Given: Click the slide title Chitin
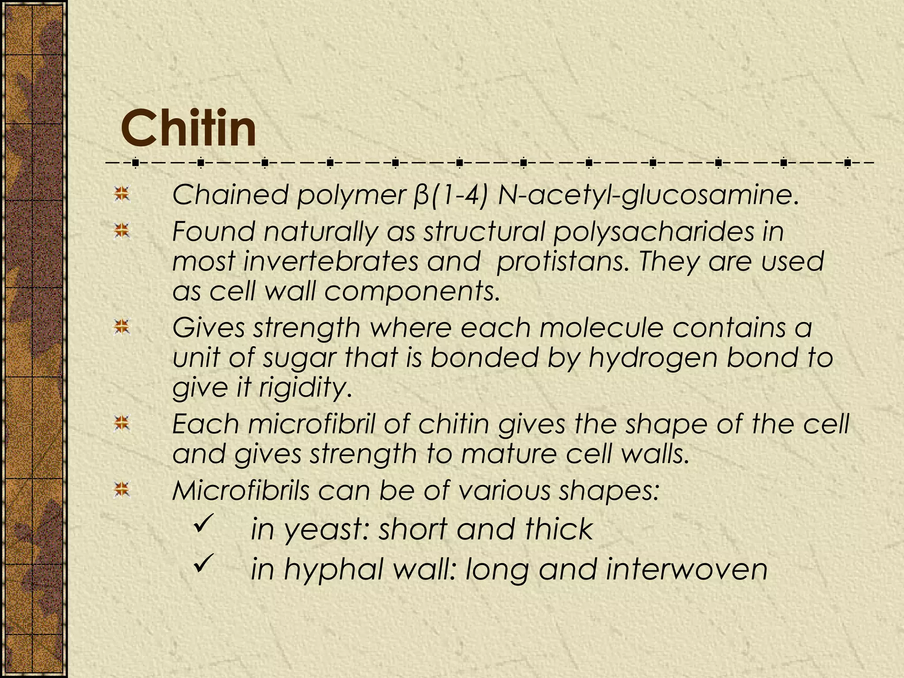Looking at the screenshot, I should pyautogui.click(x=188, y=129).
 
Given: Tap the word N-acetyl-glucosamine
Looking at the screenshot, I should pyautogui.click(x=648, y=195).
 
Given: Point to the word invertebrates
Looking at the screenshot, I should pyautogui.click(x=330, y=261).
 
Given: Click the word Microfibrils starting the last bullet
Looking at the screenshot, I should pyautogui.click(x=241, y=490).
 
